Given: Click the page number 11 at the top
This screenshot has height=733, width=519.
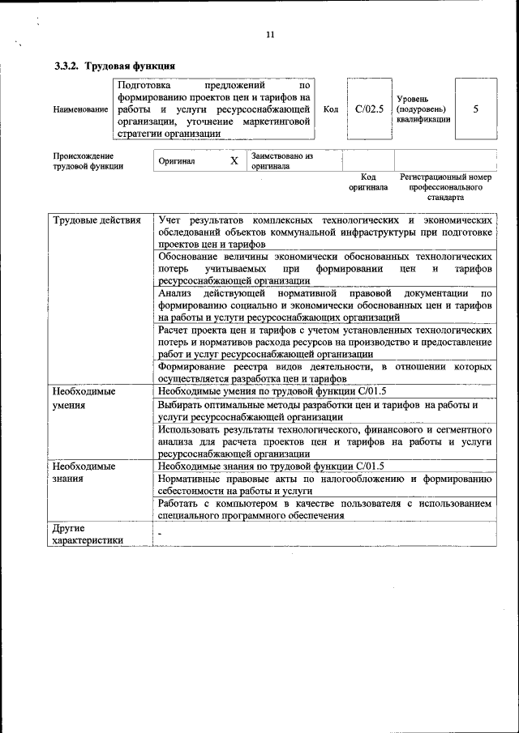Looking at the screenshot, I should coord(270,34).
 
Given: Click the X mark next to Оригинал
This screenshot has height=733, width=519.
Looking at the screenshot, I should coord(234,161).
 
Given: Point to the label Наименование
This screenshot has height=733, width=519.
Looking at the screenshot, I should coord(80,109).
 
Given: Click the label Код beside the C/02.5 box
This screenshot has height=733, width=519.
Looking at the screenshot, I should coord(331,109).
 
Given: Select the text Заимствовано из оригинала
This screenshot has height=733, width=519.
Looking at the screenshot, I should coord(282,160).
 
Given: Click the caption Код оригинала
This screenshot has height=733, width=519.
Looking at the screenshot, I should coord(368,182).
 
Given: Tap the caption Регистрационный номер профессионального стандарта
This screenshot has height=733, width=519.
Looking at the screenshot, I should coord(445,186).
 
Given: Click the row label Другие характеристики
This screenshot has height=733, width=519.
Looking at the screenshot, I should coord(88,535).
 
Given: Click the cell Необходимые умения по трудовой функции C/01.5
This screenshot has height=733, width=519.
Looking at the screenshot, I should coord(272,391).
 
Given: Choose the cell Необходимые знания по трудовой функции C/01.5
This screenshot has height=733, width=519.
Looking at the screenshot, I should coord(272,466).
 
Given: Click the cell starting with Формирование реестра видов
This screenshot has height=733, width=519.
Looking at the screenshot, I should coord(325,372).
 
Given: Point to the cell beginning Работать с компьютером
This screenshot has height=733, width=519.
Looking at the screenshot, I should coord(325,509).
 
